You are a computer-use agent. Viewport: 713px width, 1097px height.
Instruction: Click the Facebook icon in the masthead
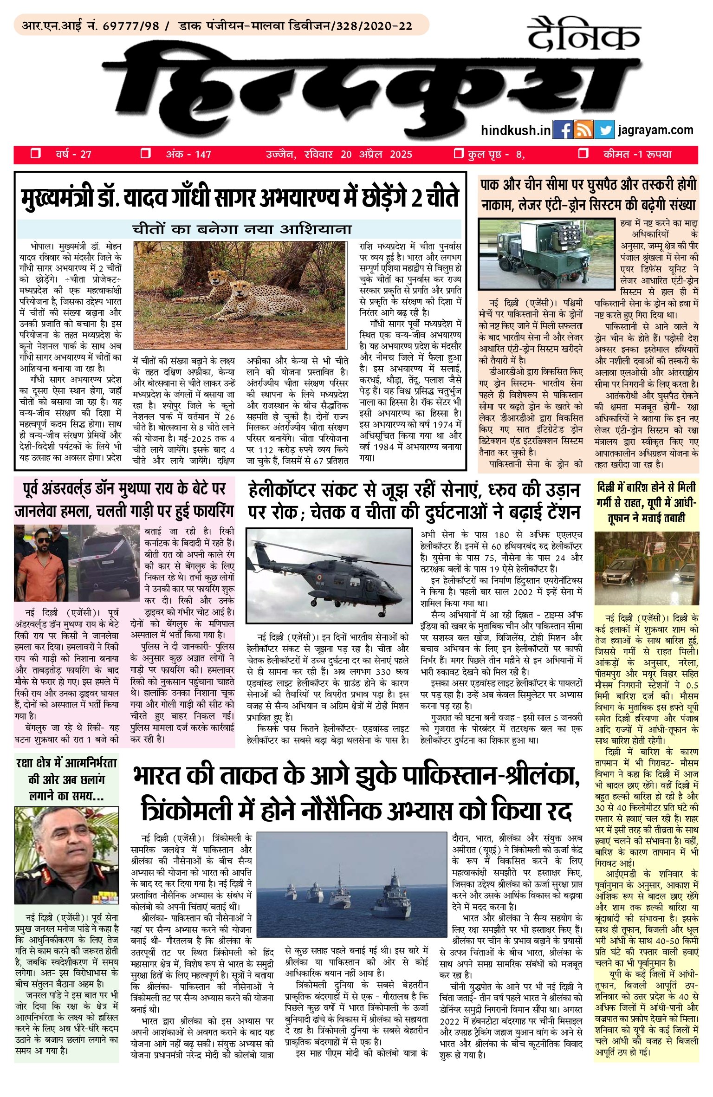562,130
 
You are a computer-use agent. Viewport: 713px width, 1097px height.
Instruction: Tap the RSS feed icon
583,130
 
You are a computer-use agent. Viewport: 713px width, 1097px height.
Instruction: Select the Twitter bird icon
604,130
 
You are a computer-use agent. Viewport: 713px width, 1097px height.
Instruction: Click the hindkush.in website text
516,130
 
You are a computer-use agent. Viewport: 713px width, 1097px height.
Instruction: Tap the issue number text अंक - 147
188,155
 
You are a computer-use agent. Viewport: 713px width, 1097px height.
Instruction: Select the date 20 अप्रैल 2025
376,155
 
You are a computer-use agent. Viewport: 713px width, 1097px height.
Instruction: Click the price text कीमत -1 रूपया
637,155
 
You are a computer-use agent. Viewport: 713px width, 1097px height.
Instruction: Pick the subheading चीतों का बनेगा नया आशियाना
241,229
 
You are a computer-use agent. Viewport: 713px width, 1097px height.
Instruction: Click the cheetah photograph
240,295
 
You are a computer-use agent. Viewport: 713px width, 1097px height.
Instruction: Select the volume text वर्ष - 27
74,155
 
